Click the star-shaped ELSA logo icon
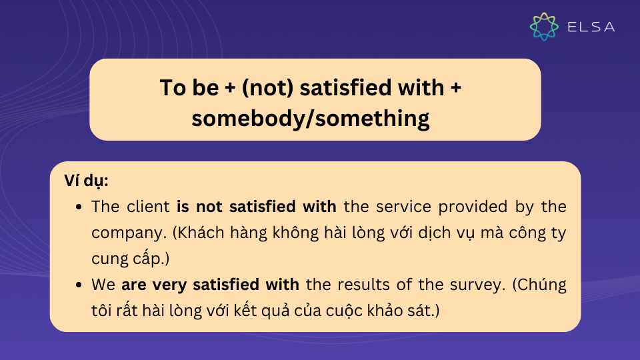[544, 27]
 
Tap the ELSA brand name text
[591, 27]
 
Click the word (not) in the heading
[267, 88]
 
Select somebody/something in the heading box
[311, 119]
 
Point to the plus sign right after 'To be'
[230, 88]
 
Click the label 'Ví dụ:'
[86, 181]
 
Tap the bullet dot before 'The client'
[79, 207]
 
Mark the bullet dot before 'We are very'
[79, 285]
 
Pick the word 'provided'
[473, 207]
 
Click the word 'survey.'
[477, 285]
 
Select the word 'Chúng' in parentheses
[539, 285]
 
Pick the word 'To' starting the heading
[173, 88]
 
